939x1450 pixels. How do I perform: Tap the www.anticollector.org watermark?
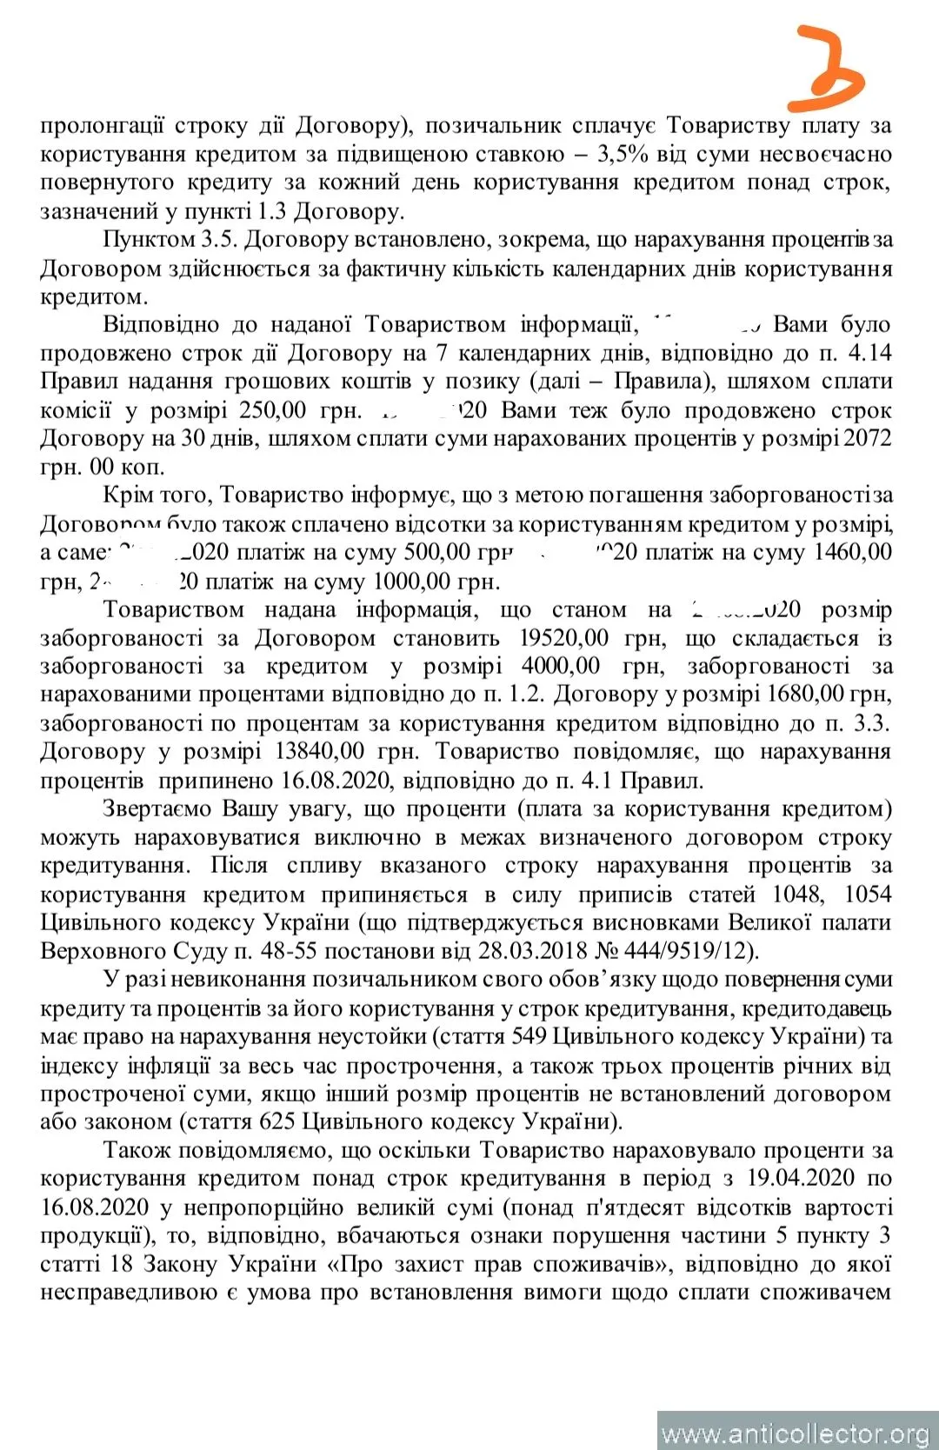(x=796, y=1432)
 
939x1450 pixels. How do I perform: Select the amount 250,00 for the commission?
(x=273, y=410)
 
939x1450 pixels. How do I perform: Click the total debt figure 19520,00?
(x=563, y=638)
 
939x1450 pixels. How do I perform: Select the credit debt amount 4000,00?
(x=560, y=667)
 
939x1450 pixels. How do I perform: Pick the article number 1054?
(x=867, y=894)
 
